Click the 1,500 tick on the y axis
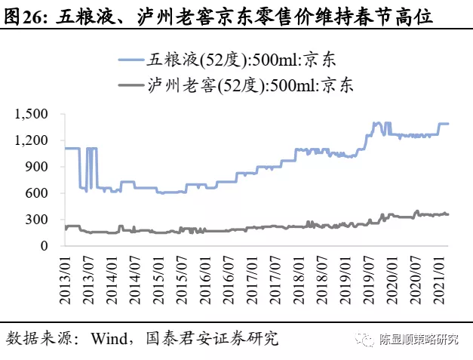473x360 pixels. (x=33, y=114)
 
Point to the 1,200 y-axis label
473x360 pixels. (x=33, y=140)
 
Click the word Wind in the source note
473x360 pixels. (x=109, y=338)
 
